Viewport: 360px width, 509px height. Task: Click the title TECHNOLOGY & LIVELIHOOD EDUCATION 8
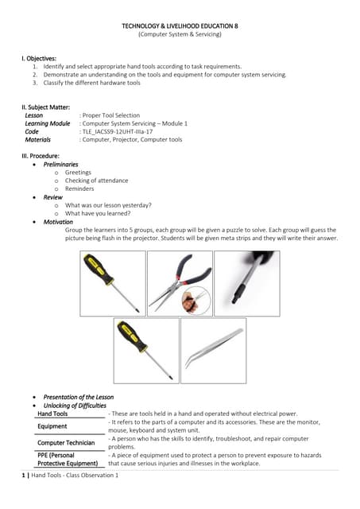[180, 26]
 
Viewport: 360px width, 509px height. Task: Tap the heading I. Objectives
[40, 59]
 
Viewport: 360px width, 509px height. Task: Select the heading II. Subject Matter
[46, 107]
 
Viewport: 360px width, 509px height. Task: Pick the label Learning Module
[47, 123]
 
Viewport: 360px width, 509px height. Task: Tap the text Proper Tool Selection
[111, 115]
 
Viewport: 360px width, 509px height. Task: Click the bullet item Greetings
[78, 173]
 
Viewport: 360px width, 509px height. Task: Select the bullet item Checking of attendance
[96, 181]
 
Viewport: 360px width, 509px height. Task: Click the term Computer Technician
[66, 442]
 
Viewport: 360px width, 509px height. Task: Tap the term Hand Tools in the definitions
[52, 414]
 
